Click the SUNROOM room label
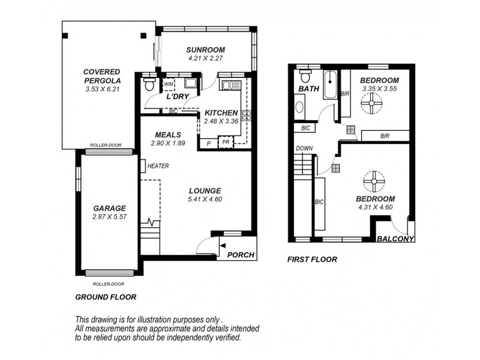pos(205,50)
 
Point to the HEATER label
pos(158,166)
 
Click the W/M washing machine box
pos(169,84)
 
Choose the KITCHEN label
pos(221,112)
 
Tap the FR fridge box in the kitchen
pos(226,143)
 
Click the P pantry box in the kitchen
pos(208,143)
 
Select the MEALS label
pos(169,134)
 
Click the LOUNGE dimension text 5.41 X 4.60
pos(205,199)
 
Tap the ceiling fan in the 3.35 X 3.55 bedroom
pos(371,104)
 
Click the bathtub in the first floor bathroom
pos(331,86)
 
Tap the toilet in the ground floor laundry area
pos(150,85)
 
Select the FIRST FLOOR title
pos(313,259)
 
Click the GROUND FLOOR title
pos(106,296)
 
